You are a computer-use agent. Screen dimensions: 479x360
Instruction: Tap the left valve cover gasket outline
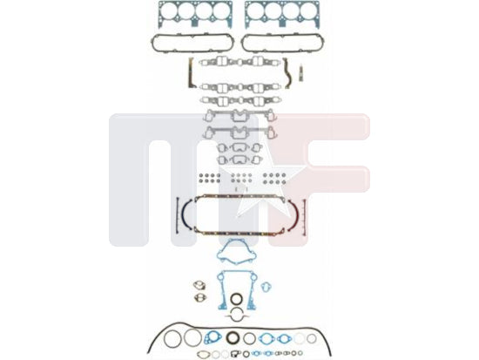tap(192, 36)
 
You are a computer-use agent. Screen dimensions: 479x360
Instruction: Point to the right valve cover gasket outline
tap(282, 36)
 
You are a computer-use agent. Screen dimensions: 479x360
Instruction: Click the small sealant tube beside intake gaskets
tap(301, 73)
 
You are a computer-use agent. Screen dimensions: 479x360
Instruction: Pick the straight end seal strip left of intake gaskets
tap(191, 73)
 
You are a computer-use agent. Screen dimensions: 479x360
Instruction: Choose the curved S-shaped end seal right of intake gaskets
tap(287, 73)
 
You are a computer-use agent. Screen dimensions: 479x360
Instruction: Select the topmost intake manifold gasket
tap(239, 62)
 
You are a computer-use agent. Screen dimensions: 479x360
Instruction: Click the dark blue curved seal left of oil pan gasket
tap(185, 214)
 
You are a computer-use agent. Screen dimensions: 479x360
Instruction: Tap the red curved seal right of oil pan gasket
tap(295, 214)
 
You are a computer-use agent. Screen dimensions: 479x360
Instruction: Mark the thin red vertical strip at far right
tap(304, 217)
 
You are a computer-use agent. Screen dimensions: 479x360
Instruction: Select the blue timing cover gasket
tap(221, 290)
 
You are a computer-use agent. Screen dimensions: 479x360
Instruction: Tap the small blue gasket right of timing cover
tap(266, 287)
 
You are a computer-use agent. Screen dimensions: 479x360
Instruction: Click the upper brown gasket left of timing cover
tap(199, 285)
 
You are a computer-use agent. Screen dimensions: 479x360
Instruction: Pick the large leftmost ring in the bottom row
tap(165, 338)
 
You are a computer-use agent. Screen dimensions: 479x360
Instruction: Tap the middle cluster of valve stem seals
tap(241, 179)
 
